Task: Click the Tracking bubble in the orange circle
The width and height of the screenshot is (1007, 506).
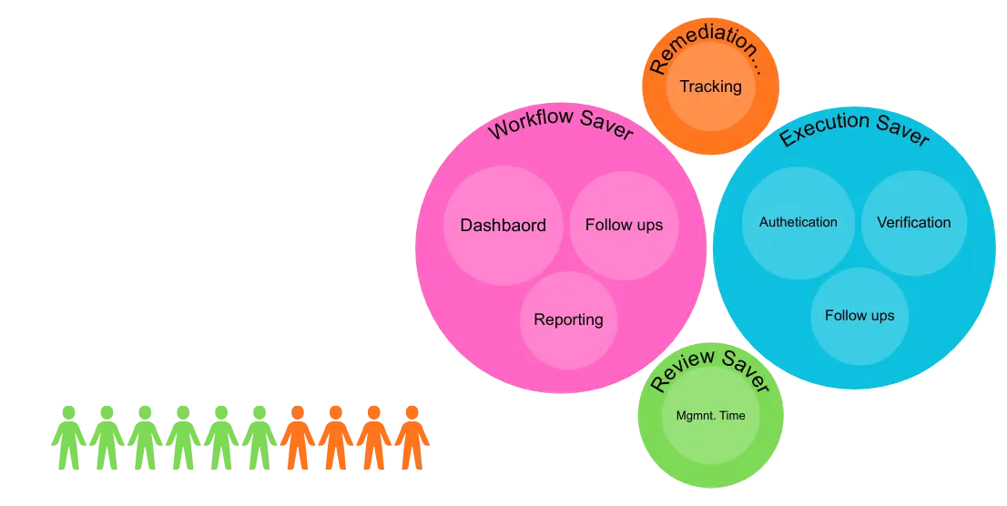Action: click(x=710, y=87)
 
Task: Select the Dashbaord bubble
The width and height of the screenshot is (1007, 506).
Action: click(x=503, y=225)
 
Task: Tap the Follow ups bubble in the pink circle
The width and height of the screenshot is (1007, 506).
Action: click(x=624, y=225)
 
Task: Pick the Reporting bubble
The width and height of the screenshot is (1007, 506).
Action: click(x=568, y=319)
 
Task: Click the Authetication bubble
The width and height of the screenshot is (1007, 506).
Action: click(x=798, y=222)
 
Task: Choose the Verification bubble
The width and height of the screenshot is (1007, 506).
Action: click(x=913, y=222)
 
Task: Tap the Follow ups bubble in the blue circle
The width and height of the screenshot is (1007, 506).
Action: click(x=859, y=316)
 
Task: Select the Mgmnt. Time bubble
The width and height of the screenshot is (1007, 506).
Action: click(x=710, y=416)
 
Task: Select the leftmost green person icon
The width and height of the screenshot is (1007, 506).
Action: click(x=67, y=438)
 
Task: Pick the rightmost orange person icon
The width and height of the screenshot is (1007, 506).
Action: click(x=412, y=438)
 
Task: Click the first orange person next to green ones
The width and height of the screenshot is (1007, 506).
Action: click(x=297, y=438)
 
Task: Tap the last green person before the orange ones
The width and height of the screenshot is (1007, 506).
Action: click(x=259, y=438)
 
